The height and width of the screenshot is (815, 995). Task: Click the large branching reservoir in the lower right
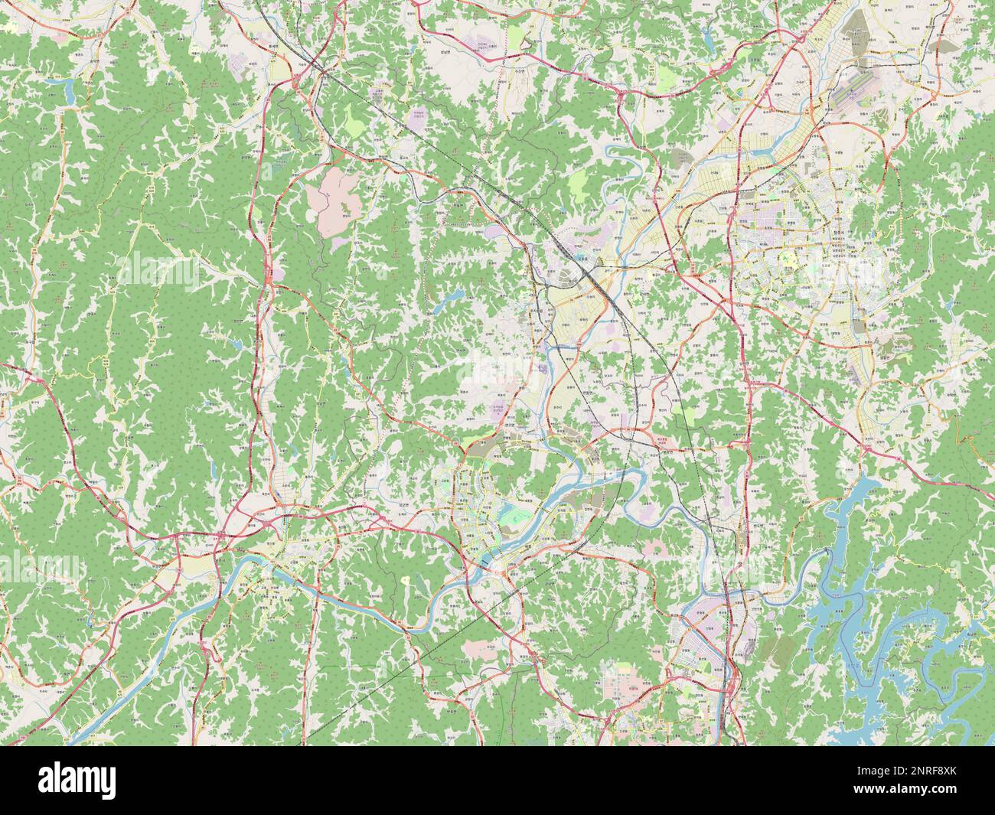point(857,582)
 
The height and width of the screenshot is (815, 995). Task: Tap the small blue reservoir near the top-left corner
point(70,91)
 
